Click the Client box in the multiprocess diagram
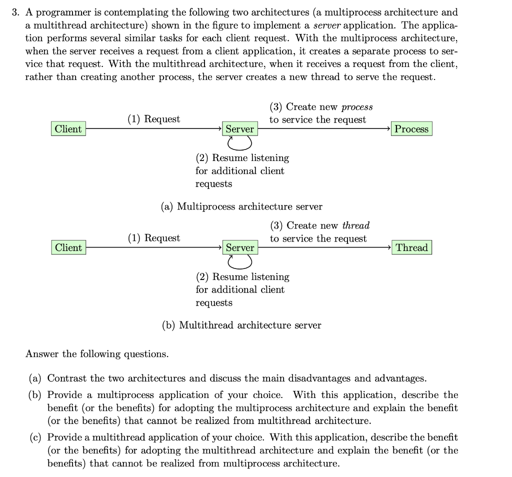click(x=68, y=129)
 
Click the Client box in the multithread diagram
click(x=68, y=248)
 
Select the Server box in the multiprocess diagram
click(x=239, y=129)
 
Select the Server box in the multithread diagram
click(x=240, y=248)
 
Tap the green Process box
click(x=411, y=129)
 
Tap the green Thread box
click(x=412, y=248)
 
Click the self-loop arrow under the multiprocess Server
click(x=239, y=143)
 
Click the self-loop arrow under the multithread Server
click(x=239, y=262)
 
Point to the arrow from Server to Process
click(x=325, y=129)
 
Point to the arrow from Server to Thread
click(x=325, y=247)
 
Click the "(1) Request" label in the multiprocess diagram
click(x=153, y=119)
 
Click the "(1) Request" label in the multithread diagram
click(x=154, y=238)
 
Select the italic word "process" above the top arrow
click(x=357, y=107)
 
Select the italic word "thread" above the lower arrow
click(x=355, y=226)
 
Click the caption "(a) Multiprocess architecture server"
click(x=241, y=206)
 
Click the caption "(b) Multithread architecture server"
click(x=241, y=325)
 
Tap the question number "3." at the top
click(x=16, y=12)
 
